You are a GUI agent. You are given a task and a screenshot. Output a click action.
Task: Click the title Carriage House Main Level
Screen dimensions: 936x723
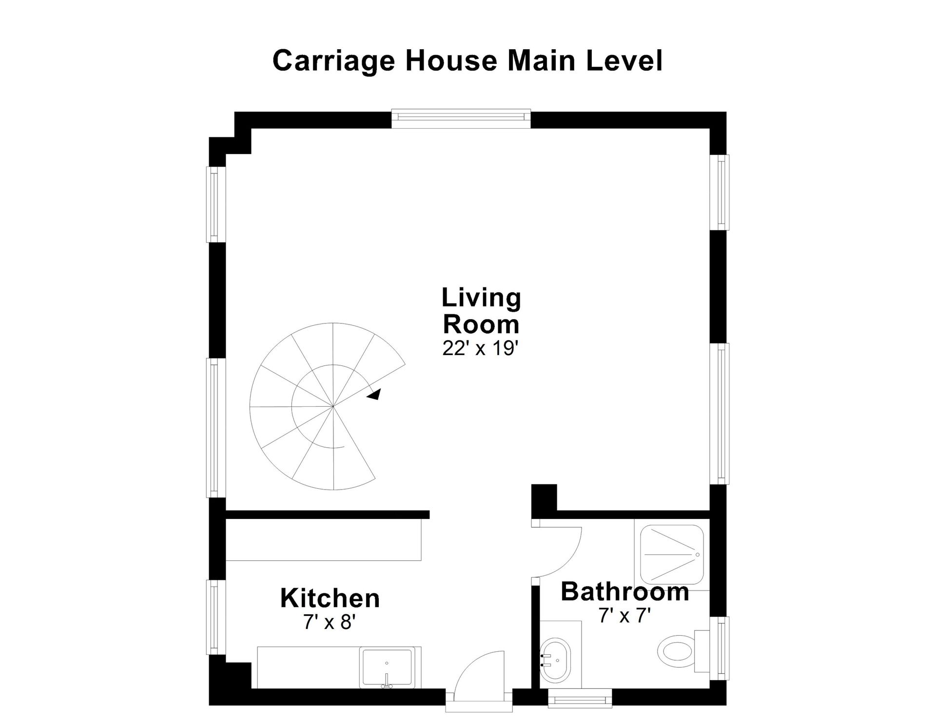pyautogui.click(x=468, y=61)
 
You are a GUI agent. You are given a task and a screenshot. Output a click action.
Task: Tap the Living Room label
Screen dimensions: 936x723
pyautogui.click(x=481, y=311)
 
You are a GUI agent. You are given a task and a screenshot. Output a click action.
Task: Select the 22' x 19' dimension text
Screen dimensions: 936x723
pyautogui.click(x=480, y=348)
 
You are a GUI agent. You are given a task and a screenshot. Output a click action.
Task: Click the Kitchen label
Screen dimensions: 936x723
pyautogui.click(x=330, y=598)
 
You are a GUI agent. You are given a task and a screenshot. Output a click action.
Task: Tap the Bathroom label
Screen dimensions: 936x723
pyautogui.click(x=625, y=591)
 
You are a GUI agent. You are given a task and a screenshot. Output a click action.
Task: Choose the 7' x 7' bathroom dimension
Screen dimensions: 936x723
pyautogui.click(x=625, y=616)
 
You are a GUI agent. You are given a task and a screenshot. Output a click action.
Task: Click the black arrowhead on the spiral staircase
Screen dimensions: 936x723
pyautogui.click(x=374, y=395)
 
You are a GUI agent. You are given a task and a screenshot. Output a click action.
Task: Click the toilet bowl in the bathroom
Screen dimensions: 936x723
pyautogui.click(x=676, y=650)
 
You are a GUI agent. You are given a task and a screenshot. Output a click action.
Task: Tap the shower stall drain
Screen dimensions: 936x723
pyautogui.click(x=697, y=555)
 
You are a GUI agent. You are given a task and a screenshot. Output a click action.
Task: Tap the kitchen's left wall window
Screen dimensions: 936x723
pyautogui.click(x=215, y=617)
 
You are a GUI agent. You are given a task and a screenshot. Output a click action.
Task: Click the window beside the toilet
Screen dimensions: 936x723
pyautogui.click(x=721, y=648)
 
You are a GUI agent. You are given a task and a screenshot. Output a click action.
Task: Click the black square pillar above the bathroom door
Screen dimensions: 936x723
pyautogui.click(x=544, y=501)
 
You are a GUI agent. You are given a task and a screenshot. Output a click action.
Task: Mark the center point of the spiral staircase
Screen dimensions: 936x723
pyautogui.click(x=333, y=406)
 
